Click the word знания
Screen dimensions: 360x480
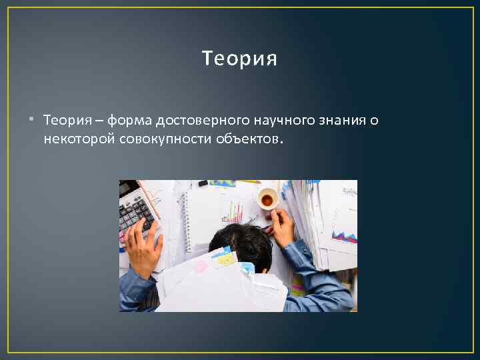point(343,121)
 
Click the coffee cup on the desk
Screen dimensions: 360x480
point(267,199)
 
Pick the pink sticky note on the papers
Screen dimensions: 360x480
point(200,267)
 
